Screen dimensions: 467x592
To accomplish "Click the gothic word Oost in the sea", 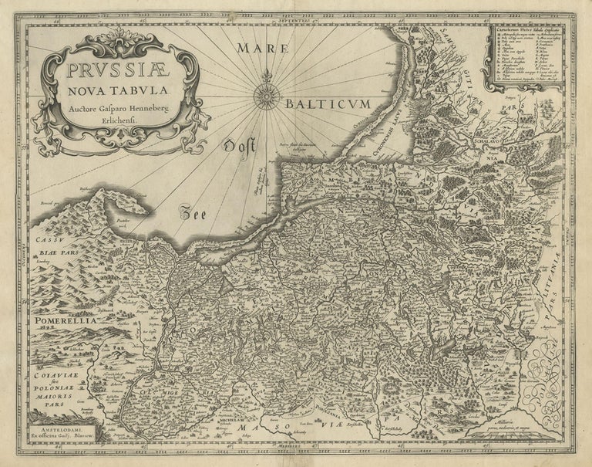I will coord(240,146).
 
